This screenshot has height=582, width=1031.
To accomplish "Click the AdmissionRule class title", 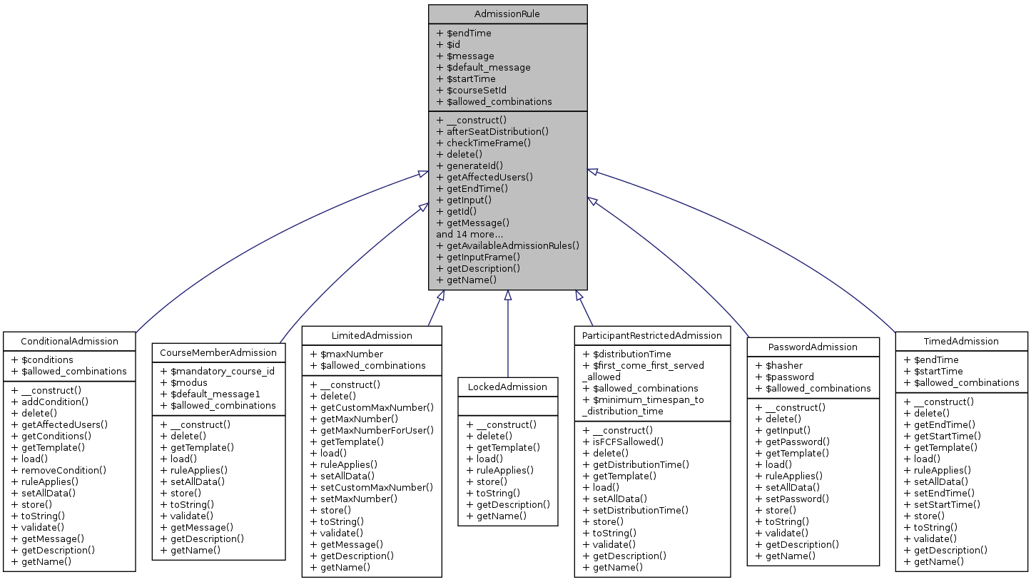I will [x=507, y=14].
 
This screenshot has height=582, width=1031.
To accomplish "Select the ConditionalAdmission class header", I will [x=68, y=341].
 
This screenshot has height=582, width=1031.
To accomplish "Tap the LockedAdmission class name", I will [x=508, y=387].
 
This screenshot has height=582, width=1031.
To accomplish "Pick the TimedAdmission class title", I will [x=961, y=341].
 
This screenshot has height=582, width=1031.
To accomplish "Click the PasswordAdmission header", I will [x=813, y=347].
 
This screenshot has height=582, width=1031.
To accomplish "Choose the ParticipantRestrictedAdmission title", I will [x=652, y=335].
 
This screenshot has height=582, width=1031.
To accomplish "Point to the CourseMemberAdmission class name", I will [x=218, y=352].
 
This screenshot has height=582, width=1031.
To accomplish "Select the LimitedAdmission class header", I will [x=372, y=335].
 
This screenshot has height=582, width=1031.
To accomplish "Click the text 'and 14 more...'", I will [x=469, y=234].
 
